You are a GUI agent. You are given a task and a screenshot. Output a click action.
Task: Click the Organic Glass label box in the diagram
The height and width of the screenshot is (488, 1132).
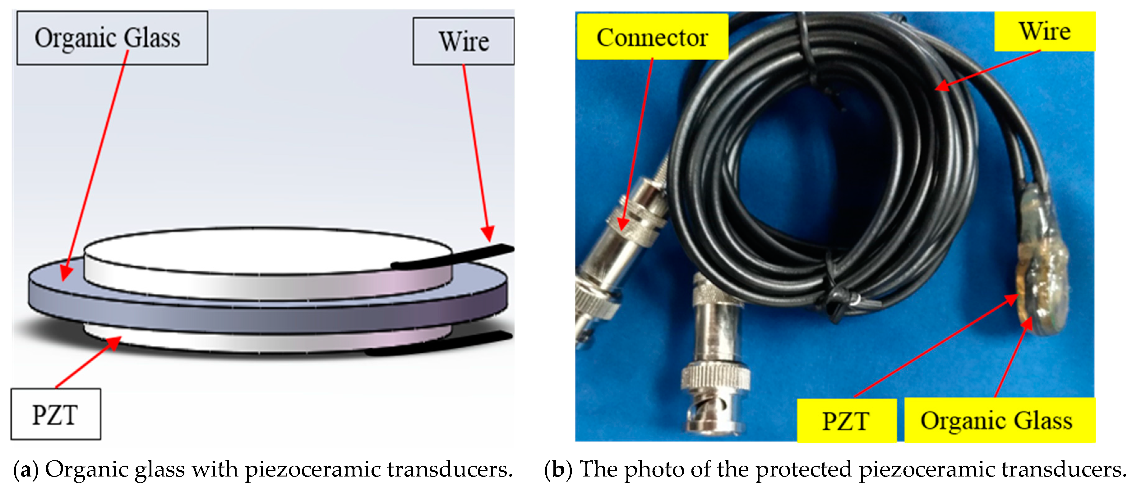pos(112,38)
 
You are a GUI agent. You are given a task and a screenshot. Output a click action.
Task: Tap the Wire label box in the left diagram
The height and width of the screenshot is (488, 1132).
pos(463,41)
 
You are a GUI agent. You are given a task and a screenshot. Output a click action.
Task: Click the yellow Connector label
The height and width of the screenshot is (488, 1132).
pos(652,37)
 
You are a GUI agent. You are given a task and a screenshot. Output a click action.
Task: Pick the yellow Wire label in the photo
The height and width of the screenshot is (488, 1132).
pos(1045,31)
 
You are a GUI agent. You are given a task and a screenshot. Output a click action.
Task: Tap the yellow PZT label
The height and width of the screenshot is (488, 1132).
pos(846,420)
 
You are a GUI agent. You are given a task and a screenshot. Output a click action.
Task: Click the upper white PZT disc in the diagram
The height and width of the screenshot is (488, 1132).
pos(264,250)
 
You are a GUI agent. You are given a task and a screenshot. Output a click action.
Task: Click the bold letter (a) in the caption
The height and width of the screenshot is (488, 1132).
pos(26,470)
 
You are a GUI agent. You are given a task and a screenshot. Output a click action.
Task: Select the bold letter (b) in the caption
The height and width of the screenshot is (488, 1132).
pos(558,470)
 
